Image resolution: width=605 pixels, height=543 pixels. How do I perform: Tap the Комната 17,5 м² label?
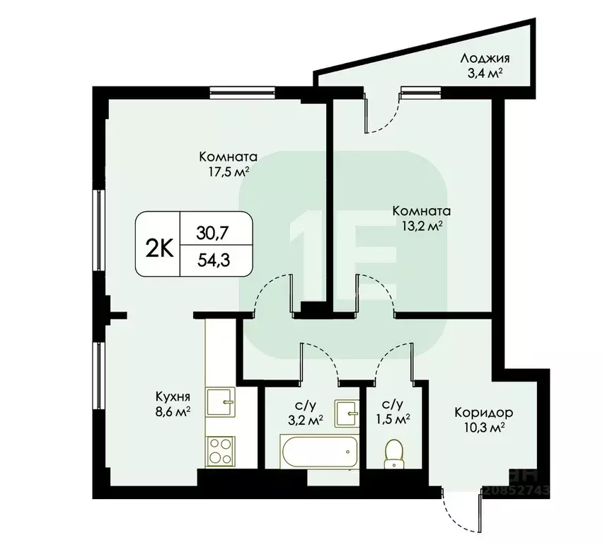(x=227, y=164)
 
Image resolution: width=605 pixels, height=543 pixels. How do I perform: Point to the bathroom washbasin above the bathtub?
(x=347, y=411)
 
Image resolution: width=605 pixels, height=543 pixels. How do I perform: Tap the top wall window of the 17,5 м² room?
(x=232, y=90)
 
